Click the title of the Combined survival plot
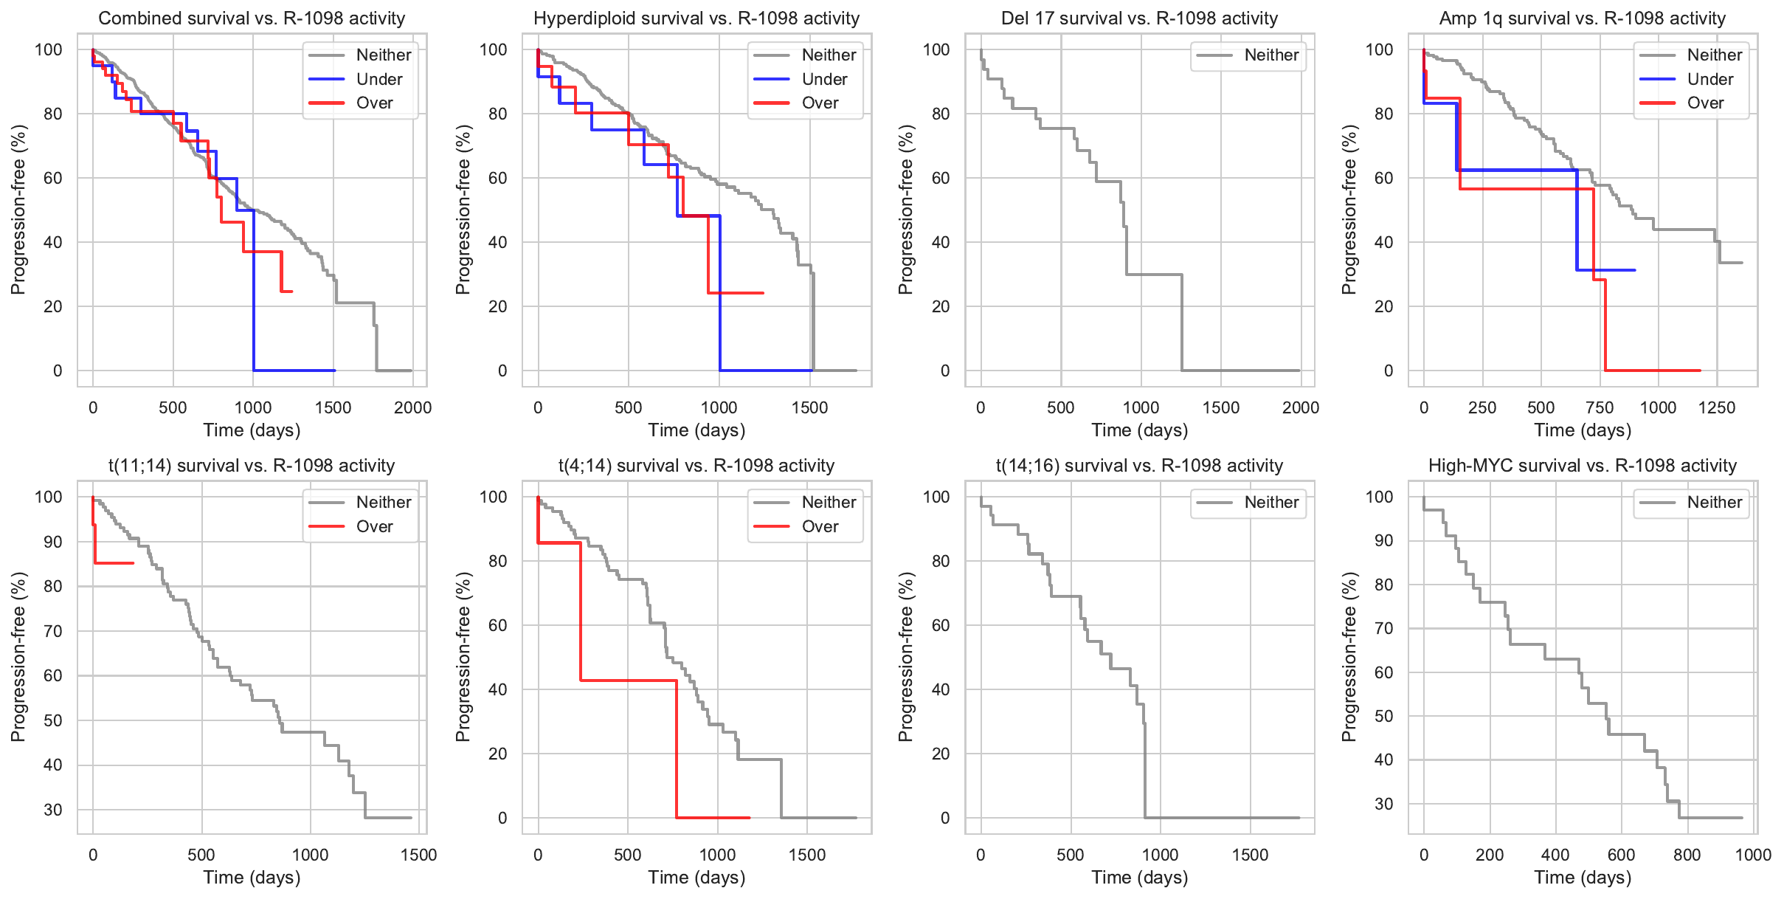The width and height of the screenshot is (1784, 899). click(252, 18)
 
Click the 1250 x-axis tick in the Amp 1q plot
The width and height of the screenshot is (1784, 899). click(1716, 407)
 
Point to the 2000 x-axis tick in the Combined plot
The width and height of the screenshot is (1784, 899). click(412, 407)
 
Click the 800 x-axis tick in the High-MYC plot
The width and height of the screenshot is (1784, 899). click(1687, 855)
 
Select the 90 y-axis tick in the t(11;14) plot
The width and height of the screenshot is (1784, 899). click(53, 542)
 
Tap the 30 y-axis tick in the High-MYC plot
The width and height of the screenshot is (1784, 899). click(1383, 804)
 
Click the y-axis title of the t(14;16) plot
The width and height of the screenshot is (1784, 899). click(906, 657)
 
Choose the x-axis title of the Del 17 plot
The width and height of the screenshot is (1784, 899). click(1139, 430)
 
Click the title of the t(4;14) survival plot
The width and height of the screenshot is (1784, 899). click(696, 466)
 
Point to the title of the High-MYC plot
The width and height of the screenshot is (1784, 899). click(1582, 466)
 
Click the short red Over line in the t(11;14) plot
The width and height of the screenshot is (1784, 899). click(114, 563)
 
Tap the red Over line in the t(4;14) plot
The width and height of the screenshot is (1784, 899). click(627, 680)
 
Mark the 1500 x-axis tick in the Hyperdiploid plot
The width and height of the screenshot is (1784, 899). click(809, 407)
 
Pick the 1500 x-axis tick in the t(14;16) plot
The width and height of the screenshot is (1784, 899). click(1250, 855)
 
